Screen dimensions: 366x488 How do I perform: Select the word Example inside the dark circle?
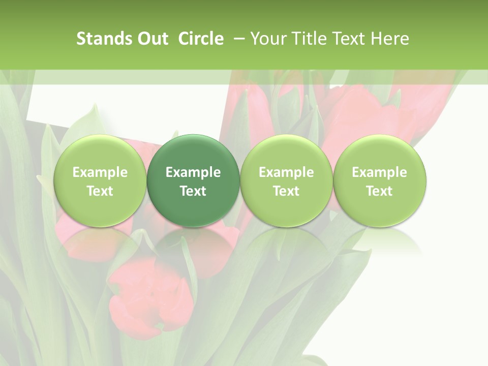coord(193,172)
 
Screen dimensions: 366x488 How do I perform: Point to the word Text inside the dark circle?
coord(193,191)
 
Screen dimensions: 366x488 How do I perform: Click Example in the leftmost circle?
coord(100,172)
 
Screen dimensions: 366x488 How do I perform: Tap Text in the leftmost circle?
coord(100,191)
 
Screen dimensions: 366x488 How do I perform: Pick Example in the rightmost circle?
coord(379,172)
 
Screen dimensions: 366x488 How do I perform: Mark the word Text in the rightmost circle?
coord(379,191)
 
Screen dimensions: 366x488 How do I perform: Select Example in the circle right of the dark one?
coord(286,172)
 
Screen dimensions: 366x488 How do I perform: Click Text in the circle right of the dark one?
coord(286,191)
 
